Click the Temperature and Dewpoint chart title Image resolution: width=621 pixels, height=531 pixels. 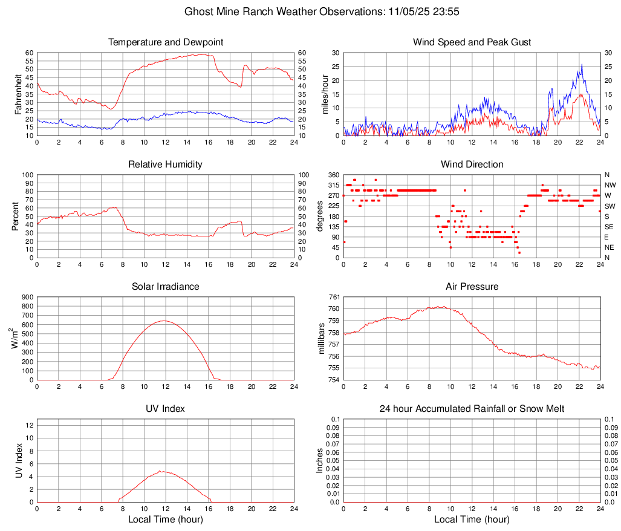pyautogui.click(x=166, y=42)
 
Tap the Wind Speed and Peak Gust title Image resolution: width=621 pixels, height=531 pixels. pyautogui.click(x=472, y=42)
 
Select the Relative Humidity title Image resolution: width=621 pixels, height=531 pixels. pyautogui.click(x=166, y=165)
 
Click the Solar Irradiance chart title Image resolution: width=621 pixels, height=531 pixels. pyautogui.click(x=166, y=287)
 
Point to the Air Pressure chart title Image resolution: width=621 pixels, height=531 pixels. pyautogui.click(x=472, y=287)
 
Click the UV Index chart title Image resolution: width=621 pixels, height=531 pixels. pyautogui.click(x=166, y=409)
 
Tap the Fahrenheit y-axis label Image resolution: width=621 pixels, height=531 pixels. pyautogui.click(x=18, y=94)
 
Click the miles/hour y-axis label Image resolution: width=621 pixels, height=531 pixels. pyautogui.click(x=325, y=94)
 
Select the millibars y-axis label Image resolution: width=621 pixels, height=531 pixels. pyautogui.click(x=325, y=338)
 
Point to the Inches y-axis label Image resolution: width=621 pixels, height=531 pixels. pyautogui.click(x=320, y=460)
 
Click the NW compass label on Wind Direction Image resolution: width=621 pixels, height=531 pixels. pyautogui.click(x=610, y=185)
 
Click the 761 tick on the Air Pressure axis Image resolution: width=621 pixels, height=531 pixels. pyautogui.click(x=333, y=297)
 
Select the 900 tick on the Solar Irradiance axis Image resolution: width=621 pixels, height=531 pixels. pyautogui.click(x=27, y=297)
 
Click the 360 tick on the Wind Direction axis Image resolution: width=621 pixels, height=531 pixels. pyautogui.click(x=333, y=175)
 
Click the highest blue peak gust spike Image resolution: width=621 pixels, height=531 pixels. pyautogui.click(x=582, y=64)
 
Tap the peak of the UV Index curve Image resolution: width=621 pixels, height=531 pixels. pyautogui.click(x=161, y=471)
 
